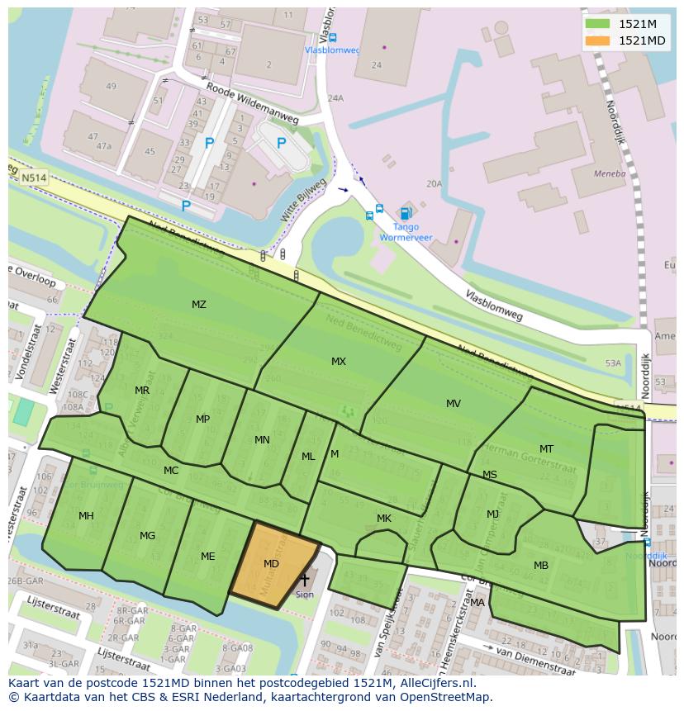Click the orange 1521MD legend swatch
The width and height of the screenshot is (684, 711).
click(x=599, y=40)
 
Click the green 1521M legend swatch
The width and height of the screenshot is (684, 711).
click(x=599, y=24)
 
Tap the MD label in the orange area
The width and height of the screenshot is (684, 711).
click(x=271, y=564)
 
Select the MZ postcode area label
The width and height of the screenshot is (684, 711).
click(x=199, y=305)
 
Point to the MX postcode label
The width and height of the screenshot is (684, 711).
click(x=339, y=362)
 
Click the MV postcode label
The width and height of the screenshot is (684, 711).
click(x=454, y=404)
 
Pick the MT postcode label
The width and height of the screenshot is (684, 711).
click(x=546, y=449)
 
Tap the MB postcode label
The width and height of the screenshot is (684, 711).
click(x=541, y=566)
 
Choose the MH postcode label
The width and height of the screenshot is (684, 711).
click(x=86, y=516)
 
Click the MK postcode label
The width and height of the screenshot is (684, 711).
click(x=384, y=519)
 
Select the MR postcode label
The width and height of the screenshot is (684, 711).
click(x=142, y=391)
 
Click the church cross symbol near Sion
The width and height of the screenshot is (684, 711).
click(x=305, y=581)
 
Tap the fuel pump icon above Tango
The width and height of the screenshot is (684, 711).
click(x=405, y=213)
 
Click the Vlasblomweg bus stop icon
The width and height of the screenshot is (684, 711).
click(x=332, y=37)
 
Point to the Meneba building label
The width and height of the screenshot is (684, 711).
click(x=610, y=174)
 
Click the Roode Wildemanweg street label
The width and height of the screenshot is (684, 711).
click(x=252, y=105)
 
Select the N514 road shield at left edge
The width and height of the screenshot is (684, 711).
click(x=34, y=178)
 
